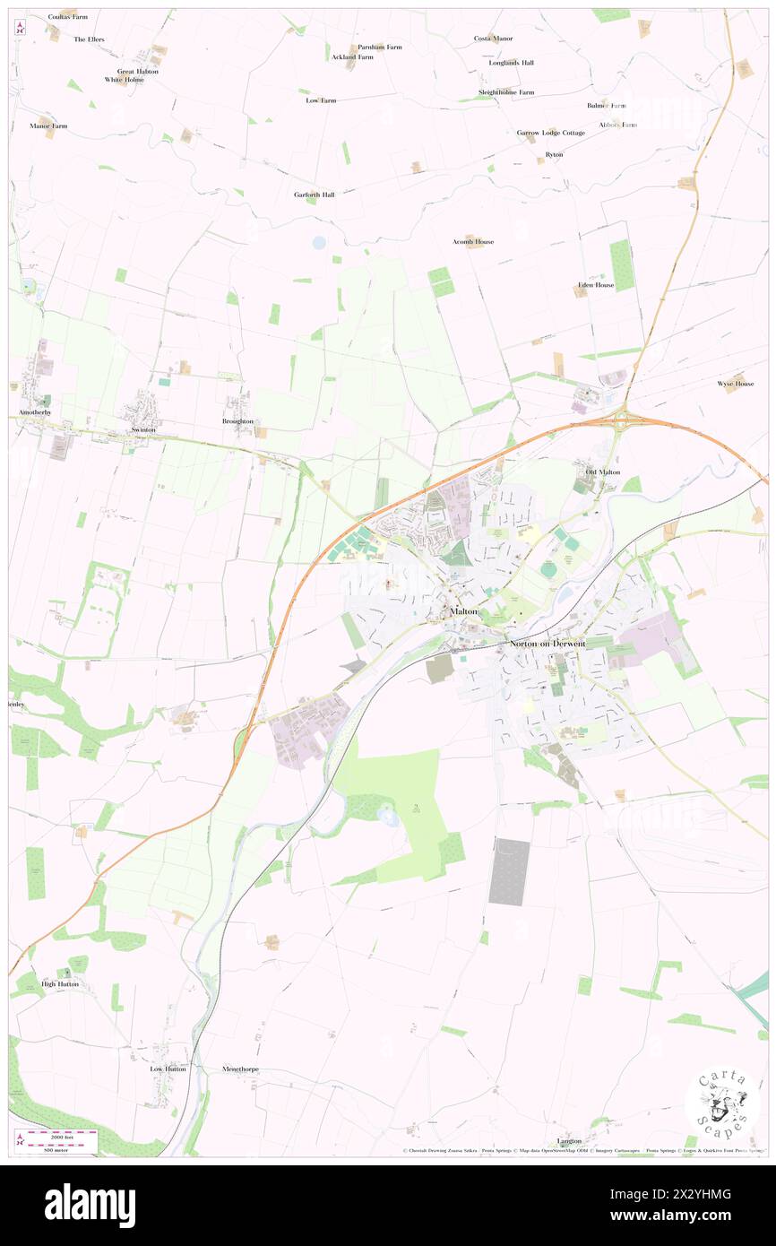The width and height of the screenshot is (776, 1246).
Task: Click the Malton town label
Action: pyautogui.click(x=465, y=611)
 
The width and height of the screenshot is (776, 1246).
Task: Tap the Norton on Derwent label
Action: pyautogui.click(x=547, y=643)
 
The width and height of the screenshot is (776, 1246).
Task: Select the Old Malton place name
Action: pyautogui.click(x=602, y=472)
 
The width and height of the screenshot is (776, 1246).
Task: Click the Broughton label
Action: pyautogui.click(x=237, y=420)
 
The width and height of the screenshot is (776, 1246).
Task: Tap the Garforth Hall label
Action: pyautogui.click(x=314, y=195)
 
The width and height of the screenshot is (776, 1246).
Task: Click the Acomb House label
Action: pyautogui.click(x=473, y=242)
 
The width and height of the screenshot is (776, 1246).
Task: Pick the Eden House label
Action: pyautogui.click(x=596, y=285)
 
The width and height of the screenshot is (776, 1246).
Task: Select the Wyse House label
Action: pyautogui.click(x=735, y=384)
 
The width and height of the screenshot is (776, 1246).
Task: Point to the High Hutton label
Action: pyautogui.click(x=60, y=983)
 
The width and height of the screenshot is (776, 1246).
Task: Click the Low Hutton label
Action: pyautogui.click(x=168, y=1069)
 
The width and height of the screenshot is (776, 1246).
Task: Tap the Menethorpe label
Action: pyautogui.click(x=240, y=1069)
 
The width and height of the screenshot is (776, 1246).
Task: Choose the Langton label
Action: pyautogui.click(x=569, y=1141)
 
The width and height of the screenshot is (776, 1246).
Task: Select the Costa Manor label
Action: pyautogui.click(x=494, y=39)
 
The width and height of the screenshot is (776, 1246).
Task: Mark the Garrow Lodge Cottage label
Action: pyautogui.click(x=550, y=133)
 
